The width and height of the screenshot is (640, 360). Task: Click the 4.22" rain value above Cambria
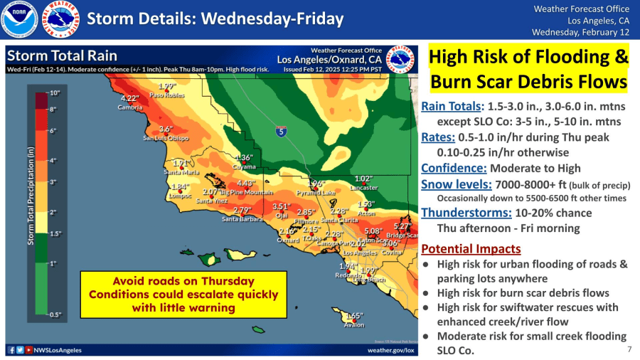[129, 98]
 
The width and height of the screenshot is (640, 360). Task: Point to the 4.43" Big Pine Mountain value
[246, 183]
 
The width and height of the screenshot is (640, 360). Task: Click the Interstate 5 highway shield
[282, 131]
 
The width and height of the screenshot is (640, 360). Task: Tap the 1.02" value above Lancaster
[363, 179]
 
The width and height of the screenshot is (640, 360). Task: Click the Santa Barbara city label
[242, 218]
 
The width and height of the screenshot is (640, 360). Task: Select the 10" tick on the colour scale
[55, 93]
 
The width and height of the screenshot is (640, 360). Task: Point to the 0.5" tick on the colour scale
[55, 314]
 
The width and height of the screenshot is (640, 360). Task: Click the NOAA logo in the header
[18, 19]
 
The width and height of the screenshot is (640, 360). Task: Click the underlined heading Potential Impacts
[471, 248]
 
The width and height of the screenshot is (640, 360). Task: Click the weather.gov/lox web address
[390, 350]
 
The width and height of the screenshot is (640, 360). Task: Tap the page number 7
[629, 349]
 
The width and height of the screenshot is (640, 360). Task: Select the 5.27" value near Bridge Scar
[402, 226]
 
